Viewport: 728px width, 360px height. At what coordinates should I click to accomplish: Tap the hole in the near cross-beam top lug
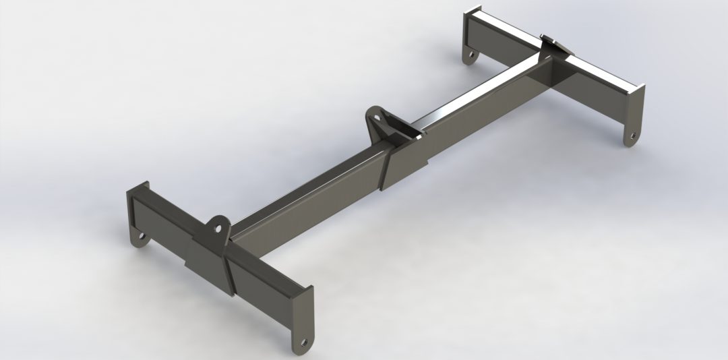(x=218, y=226)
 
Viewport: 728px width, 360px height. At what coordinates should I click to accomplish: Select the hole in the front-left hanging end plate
(x=141, y=237)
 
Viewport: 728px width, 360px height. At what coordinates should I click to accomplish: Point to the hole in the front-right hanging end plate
(x=305, y=341)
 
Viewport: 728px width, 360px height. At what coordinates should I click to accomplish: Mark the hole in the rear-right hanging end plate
(x=632, y=136)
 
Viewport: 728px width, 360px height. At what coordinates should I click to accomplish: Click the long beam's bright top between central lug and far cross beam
(x=472, y=98)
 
